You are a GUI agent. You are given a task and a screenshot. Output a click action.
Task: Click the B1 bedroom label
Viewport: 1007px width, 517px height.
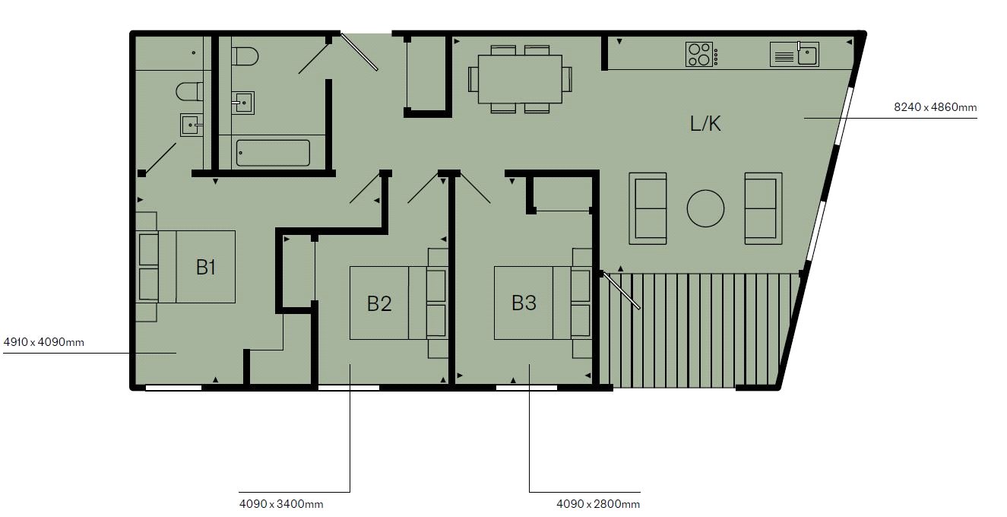(206, 267)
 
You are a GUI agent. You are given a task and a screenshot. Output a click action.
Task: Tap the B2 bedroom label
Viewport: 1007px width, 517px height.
(379, 303)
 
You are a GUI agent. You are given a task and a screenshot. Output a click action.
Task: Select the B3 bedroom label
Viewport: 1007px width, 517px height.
(524, 303)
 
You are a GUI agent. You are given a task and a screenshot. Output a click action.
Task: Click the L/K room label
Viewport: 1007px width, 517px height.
(705, 124)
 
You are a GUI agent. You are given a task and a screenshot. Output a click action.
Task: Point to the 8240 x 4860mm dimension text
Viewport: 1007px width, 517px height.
(935, 108)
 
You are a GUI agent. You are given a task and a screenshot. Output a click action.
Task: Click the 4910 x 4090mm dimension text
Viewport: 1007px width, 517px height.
(43, 342)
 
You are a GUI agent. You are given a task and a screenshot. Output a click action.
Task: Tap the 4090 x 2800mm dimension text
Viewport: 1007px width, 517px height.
(598, 503)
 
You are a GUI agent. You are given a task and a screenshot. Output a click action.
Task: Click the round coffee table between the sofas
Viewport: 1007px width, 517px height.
(705, 208)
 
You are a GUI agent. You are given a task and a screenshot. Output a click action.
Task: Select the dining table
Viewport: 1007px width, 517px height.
(520, 78)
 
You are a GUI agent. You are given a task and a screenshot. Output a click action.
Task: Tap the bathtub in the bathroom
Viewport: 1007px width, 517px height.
(273, 153)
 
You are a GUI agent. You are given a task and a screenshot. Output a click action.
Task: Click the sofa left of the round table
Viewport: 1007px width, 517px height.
(649, 208)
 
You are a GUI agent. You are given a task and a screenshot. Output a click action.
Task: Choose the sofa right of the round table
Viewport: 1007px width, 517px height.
(763, 208)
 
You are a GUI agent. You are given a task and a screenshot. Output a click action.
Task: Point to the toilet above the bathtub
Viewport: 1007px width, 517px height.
(245, 57)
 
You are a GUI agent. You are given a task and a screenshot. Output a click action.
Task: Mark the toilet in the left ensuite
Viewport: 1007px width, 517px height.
(188, 92)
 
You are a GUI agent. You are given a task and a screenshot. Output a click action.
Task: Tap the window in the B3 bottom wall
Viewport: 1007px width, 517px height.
(526, 388)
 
